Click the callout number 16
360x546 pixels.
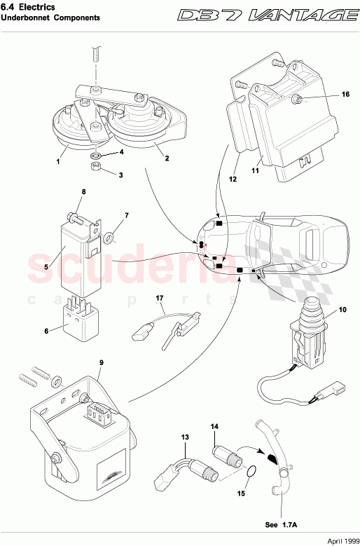click(345, 94)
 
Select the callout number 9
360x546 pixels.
click(101, 362)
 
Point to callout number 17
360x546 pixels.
click(159, 299)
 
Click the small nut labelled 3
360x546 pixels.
click(95, 166)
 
